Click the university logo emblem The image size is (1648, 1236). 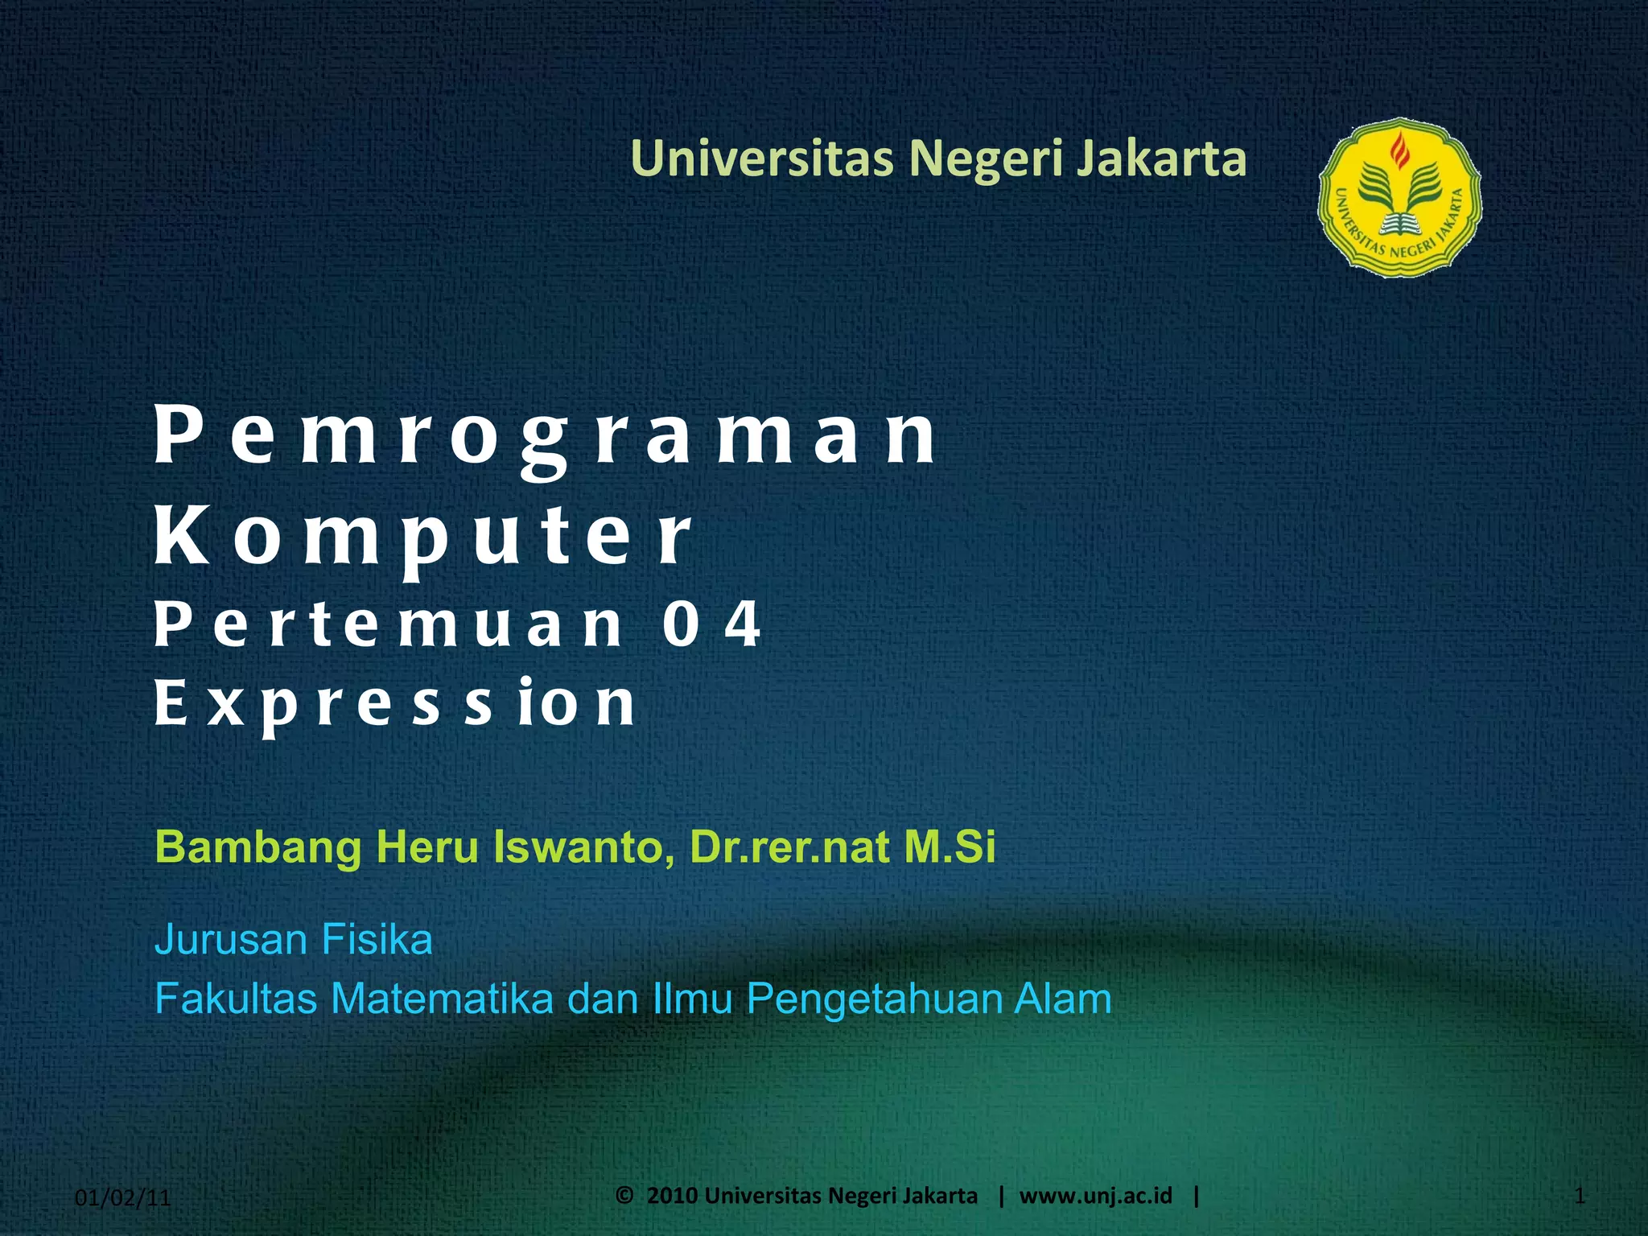pos(1399,197)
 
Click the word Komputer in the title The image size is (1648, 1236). pos(422,537)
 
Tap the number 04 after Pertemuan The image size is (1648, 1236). pos(711,624)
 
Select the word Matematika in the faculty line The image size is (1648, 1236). pos(442,999)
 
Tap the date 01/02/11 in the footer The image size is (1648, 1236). pos(123,1198)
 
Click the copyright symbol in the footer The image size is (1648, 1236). pos(624,1195)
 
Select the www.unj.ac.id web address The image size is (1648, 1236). pos(1095,1196)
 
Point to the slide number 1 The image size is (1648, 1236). pos(1579,1197)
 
